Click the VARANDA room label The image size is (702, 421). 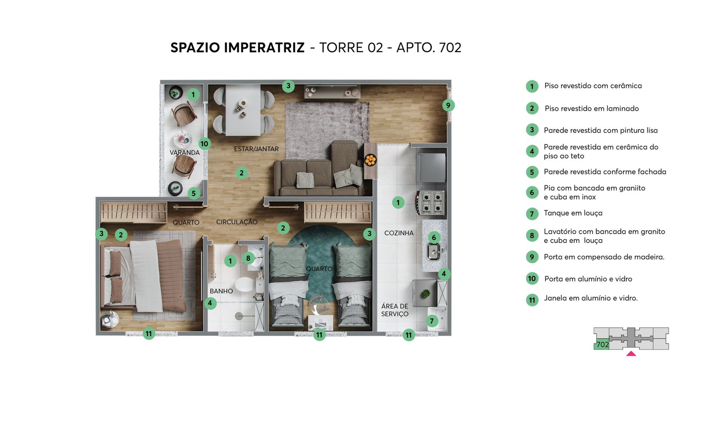[x=185, y=153]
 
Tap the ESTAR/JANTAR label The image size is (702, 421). [x=256, y=149]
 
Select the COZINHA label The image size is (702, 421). [x=399, y=233]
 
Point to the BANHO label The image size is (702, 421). [x=221, y=291]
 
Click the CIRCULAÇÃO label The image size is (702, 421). [x=237, y=222]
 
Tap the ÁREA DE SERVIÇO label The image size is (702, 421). [x=395, y=310]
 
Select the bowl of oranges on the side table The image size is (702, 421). [x=370, y=160]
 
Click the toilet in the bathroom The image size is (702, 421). [x=246, y=285]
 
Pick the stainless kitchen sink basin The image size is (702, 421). [x=434, y=252]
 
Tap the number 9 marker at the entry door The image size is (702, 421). [x=448, y=105]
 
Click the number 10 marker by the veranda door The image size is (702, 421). [x=204, y=144]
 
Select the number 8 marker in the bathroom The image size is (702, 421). [x=248, y=258]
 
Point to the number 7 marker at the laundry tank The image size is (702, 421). [x=432, y=321]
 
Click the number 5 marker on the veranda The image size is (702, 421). [x=193, y=193]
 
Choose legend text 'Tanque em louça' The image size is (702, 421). [x=573, y=213]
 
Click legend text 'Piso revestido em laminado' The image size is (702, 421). [x=592, y=108]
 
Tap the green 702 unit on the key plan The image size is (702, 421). [x=602, y=345]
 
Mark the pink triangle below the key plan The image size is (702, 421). [x=631, y=353]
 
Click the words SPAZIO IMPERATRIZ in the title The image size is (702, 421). [x=237, y=48]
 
